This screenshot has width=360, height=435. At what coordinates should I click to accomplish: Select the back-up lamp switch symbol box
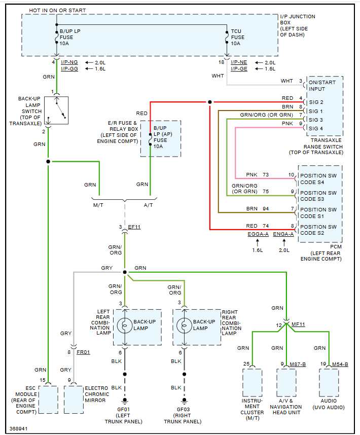tap(56, 110)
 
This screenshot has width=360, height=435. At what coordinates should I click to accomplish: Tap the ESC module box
tap(48, 399)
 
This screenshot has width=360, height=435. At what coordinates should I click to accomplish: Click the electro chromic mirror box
tap(73, 399)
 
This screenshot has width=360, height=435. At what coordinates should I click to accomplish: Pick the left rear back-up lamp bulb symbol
tap(125, 325)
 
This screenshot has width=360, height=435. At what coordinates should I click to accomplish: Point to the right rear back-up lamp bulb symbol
tap(185, 325)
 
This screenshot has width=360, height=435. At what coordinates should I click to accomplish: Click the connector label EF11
tap(134, 227)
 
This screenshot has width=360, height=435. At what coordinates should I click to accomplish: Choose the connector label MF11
tap(298, 324)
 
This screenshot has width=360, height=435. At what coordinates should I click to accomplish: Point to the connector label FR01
tap(83, 352)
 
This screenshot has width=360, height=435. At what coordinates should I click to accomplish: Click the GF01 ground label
tap(124, 409)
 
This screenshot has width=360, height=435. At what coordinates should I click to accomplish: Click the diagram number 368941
tap(19, 428)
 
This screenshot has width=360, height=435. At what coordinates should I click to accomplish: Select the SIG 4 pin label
tap(316, 128)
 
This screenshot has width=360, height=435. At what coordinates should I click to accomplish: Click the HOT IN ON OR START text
tap(57, 10)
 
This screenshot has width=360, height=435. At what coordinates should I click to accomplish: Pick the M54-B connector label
tap(340, 364)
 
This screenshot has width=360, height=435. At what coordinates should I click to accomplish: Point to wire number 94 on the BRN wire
tap(266, 209)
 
